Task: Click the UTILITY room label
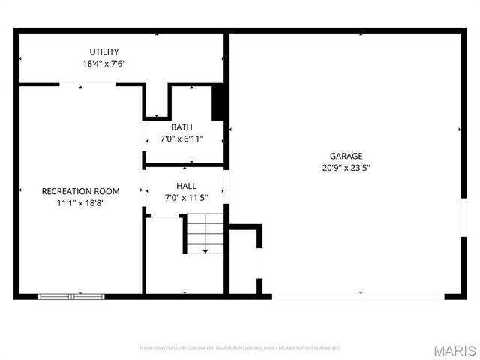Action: tap(104, 52)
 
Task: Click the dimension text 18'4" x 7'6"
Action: tap(104, 64)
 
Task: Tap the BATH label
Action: tap(181, 127)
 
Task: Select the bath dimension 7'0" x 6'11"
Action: tap(181, 139)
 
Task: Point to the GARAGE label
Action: tap(346, 156)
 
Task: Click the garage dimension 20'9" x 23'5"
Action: tap(346, 168)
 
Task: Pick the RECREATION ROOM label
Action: tap(80, 191)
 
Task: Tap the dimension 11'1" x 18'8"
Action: tap(80, 203)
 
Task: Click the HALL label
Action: tap(186, 185)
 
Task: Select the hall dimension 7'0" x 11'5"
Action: tap(186, 197)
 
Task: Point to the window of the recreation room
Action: tap(71, 296)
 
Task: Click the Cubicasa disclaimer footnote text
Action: tap(240, 348)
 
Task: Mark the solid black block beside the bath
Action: tap(219, 103)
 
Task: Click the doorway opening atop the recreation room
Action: tap(88, 84)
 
